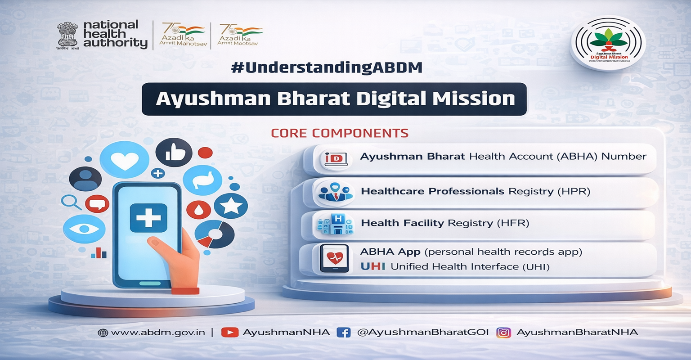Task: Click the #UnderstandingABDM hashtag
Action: click(326, 67)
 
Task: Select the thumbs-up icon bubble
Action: click(171, 153)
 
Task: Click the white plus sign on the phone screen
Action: click(148, 218)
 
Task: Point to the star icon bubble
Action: click(231, 206)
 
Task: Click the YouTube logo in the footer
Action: click(230, 333)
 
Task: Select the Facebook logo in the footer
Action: click(343, 333)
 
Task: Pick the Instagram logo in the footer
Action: click(504, 333)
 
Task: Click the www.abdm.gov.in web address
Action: click(157, 333)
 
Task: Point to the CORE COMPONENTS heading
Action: click(340, 133)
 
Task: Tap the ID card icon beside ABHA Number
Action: click(336, 158)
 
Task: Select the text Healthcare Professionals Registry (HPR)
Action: click(476, 191)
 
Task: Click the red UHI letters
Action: click(372, 266)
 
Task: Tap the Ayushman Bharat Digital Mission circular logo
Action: click(608, 44)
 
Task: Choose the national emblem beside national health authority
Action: click(67, 35)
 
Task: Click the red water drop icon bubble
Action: click(199, 209)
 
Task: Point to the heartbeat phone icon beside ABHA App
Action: click(334, 259)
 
